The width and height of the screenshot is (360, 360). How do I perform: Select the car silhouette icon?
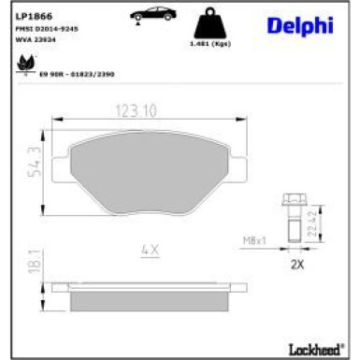(151, 14)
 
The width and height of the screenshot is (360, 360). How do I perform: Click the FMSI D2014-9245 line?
(46, 30)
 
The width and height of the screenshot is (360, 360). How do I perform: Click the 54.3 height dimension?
(35, 162)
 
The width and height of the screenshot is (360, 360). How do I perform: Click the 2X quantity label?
(296, 265)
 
